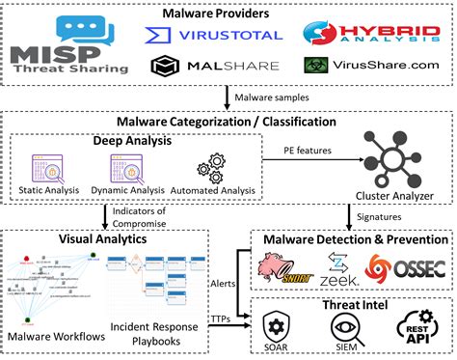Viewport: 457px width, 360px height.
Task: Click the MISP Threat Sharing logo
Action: tap(67, 45)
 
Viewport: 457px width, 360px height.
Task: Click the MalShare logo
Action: tap(213, 67)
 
